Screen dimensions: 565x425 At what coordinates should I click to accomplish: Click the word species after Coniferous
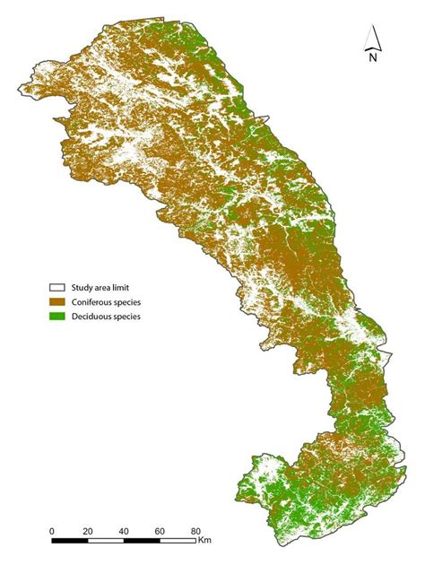coord(130,302)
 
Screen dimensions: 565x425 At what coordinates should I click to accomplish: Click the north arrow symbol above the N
coord(374,37)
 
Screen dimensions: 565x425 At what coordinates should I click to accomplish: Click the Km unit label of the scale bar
coord(205,541)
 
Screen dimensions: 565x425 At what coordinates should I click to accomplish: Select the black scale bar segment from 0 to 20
coord(70,541)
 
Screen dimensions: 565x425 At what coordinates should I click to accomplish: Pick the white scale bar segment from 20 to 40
coord(106,541)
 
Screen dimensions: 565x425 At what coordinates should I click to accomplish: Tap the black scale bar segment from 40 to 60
coord(142,541)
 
